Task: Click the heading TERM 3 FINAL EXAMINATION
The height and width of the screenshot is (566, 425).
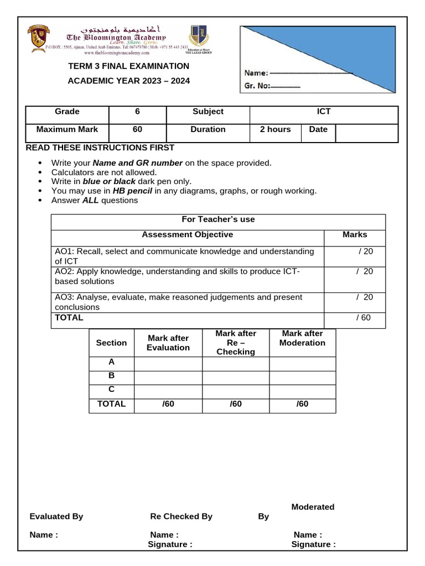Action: (x=128, y=66)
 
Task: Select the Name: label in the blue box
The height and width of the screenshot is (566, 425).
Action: (x=256, y=72)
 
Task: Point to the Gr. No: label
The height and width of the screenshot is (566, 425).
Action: (x=257, y=86)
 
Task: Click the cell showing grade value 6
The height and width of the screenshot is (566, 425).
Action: (x=137, y=112)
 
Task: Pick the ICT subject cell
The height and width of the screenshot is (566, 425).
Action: (x=324, y=112)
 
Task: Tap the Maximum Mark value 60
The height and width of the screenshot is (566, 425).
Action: (x=137, y=129)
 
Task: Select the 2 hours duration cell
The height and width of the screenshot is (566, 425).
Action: (x=275, y=129)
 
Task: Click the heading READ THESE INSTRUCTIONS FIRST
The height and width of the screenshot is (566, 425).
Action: (x=100, y=148)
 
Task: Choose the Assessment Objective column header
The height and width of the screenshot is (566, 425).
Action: (x=187, y=234)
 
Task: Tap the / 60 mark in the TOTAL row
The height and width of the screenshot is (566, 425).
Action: (x=363, y=318)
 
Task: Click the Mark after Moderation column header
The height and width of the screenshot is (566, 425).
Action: (x=302, y=338)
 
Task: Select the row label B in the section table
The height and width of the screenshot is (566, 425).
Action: (x=111, y=375)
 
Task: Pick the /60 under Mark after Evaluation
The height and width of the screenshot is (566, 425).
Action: (x=168, y=404)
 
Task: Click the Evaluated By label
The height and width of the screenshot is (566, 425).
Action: (x=56, y=516)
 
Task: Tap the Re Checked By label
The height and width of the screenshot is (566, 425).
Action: (x=181, y=516)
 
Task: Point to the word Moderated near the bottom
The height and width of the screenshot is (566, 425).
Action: (x=313, y=507)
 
